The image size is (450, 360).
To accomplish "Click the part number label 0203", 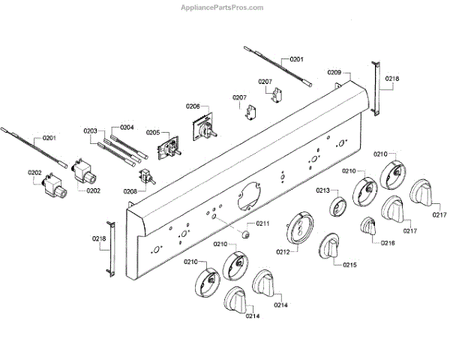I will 91,130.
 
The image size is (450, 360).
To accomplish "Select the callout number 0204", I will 126,127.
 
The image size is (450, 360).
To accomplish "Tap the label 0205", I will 153,133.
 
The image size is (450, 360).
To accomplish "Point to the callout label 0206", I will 193,107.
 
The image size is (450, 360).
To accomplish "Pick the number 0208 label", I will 130,191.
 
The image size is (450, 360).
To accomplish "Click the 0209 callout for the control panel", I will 334,72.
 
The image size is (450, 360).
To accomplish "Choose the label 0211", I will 262,223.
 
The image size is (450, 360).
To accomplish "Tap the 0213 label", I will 323,191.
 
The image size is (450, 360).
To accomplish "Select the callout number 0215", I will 350,265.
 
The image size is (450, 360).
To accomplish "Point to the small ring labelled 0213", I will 337,205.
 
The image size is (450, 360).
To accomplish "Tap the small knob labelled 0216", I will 368,226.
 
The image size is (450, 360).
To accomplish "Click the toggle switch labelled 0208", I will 148,177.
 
